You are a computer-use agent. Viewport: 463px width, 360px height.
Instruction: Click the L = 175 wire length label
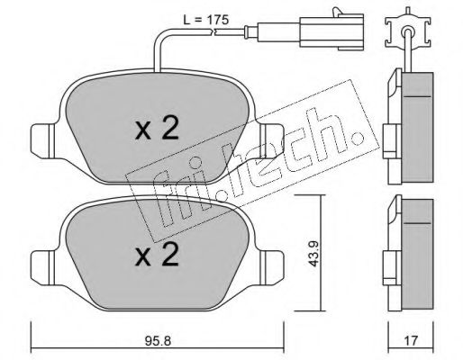pyautogui.click(x=206, y=20)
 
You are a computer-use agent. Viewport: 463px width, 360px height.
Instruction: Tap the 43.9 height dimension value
pyautogui.click(x=313, y=253)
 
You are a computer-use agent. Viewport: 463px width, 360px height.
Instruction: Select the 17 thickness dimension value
pyautogui.click(x=411, y=340)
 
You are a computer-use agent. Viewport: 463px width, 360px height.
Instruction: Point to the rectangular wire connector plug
pyautogui.click(x=331, y=31)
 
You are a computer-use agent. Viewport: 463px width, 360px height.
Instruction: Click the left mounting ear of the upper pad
pyautogui.click(x=43, y=140)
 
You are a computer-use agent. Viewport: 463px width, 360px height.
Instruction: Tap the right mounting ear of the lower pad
pyautogui.click(x=271, y=266)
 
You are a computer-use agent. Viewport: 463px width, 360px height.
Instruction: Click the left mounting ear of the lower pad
pyautogui.click(x=43, y=266)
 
